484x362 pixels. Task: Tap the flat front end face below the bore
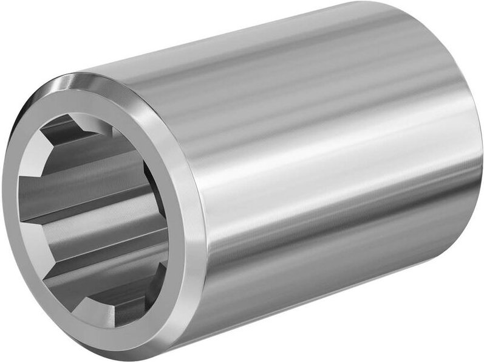[115, 332]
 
